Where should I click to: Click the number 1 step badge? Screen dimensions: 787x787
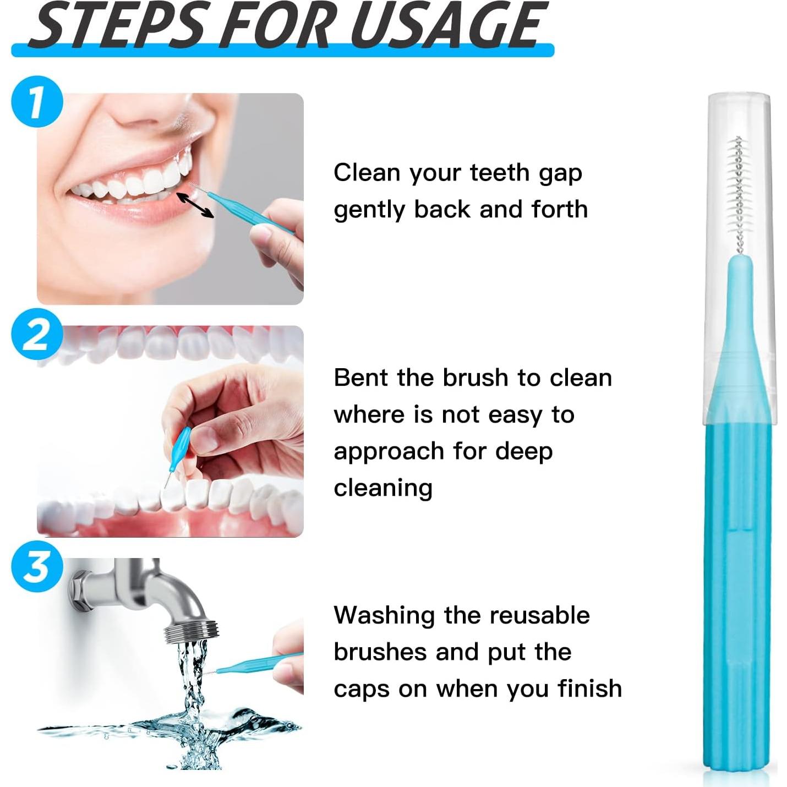click(36, 102)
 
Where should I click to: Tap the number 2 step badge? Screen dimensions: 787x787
click(36, 334)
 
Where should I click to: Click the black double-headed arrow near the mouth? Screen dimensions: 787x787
click(195, 205)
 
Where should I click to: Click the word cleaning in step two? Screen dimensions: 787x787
click(383, 488)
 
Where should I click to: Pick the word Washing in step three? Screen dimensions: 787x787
click(384, 616)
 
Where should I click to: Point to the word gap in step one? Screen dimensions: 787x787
click(560, 174)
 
